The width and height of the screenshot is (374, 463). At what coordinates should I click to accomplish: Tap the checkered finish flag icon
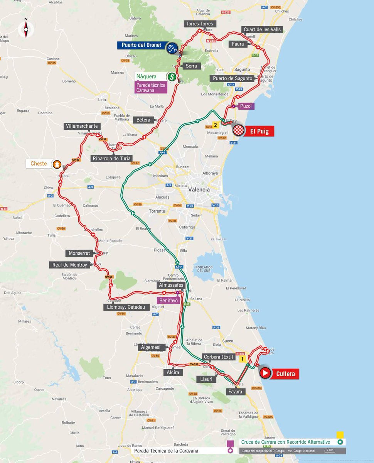pyautogui.click(x=238, y=131)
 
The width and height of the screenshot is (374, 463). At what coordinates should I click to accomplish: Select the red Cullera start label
pyautogui.click(x=285, y=373)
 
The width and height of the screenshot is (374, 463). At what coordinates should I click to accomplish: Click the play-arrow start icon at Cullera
pyautogui.click(x=265, y=373)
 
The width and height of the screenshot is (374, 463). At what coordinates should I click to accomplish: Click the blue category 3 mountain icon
pyautogui.click(x=172, y=48)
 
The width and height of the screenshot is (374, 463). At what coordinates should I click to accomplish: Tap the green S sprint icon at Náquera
pyautogui.click(x=171, y=76)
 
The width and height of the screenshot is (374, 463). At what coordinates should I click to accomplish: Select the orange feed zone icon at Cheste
pyautogui.click(x=57, y=164)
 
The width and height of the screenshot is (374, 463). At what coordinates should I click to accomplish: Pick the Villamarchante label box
pyautogui.click(x=83, y=126)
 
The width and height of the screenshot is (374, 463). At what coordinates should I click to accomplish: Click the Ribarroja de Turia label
pyautogui.click(x=111, y=158)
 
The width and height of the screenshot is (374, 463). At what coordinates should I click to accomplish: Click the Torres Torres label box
pyautogui.click(x=199, y=24)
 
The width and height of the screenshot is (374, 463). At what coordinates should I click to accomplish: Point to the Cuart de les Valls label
pyautogui.click(x=262, y=30)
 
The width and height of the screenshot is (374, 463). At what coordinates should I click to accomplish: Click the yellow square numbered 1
pyautogui.click(x=243, y=359)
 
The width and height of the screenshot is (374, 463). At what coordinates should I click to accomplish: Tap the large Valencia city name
pyautogui.click(x=199, y=189)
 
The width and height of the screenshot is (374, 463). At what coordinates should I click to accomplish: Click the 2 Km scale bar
pyautogui.click(x=329, y=451)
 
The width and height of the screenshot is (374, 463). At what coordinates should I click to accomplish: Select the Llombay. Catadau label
pyautogui.click(x=126, y=307)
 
